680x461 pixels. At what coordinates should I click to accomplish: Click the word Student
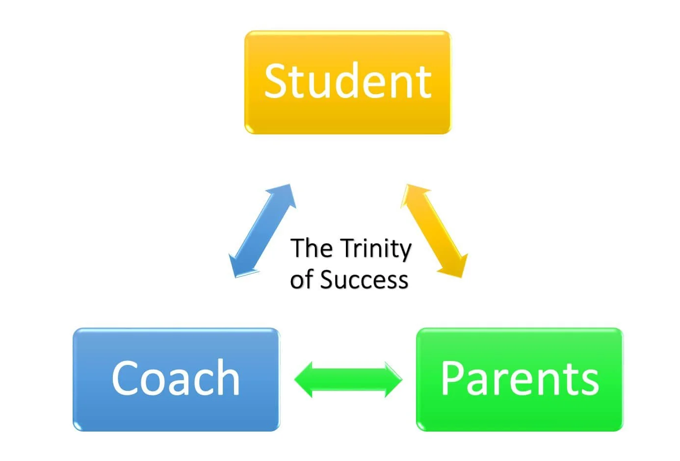(348, 81)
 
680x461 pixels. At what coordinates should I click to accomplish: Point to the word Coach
(176, 378)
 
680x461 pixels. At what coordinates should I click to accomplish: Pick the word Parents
(520, 378)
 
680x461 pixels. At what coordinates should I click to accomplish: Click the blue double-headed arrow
(262, 230)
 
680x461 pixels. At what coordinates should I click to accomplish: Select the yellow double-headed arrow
(434, 230)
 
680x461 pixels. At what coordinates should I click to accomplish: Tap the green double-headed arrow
(348, 380)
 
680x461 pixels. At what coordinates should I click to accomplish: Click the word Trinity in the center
(375, 249)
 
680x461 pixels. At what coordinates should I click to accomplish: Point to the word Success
(364, 280)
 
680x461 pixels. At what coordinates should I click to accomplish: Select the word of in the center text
(302, 280)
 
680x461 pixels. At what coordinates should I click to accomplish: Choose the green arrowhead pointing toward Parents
(392, 380)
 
